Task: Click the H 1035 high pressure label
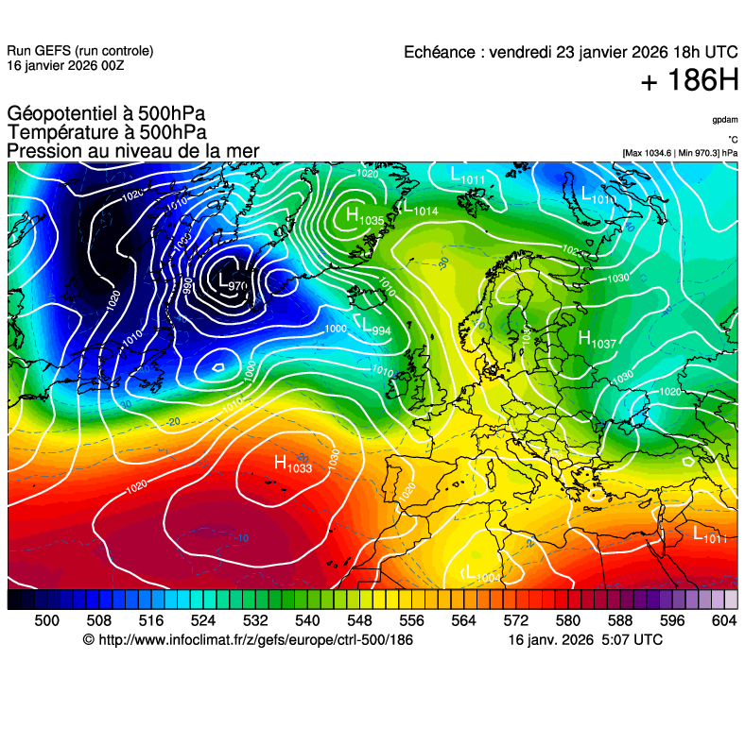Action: [364, 216]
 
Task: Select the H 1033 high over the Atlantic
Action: [292, 464]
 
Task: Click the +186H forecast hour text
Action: [688, 82]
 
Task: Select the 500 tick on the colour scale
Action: [47, 620]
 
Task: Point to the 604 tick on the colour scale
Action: [723, 620]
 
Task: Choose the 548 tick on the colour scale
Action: [386, 620]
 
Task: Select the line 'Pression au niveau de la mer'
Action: [132, 151]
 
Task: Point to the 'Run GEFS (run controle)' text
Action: [79, 51]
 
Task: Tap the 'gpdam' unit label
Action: [725, 120]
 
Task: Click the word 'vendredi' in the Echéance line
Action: [524, 52]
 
